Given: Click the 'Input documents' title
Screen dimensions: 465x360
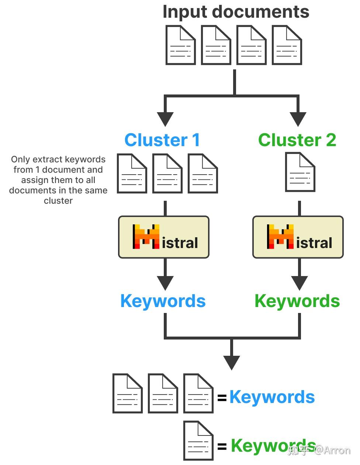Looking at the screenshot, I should click(236, 11).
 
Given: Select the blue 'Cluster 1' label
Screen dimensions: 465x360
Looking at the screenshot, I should click(162, 140).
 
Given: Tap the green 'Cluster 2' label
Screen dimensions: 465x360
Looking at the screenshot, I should click(297, 140).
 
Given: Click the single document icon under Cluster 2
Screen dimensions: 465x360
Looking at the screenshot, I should click(300, 172).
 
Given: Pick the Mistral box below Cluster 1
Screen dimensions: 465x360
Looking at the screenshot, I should click(163, 237).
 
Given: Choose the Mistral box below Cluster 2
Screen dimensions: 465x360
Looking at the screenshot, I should click(298, 237).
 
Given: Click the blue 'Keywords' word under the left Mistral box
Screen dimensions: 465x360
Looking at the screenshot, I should click(163, 301).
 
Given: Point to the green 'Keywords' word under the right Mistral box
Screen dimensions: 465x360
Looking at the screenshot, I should click(297, 301).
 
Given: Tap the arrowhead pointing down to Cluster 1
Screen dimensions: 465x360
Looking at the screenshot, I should click(165, 119).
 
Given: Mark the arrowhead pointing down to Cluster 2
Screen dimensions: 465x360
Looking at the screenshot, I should click(298, 119).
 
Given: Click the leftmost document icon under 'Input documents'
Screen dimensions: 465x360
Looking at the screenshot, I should click(180, 45).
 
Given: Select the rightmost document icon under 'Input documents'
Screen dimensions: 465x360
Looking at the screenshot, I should click(287, 45).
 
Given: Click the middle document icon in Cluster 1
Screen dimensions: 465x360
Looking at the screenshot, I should click(167, 173).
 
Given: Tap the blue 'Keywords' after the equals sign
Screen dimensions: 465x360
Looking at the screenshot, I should click(272, 397).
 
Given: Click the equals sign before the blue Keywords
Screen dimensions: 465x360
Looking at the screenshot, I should click(222, 398).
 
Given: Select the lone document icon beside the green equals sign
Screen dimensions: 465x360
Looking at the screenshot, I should click(198, 441).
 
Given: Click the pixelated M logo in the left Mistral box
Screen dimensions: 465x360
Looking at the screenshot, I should click(146, 237).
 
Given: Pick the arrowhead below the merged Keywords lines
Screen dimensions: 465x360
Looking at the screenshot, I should click(232, 362).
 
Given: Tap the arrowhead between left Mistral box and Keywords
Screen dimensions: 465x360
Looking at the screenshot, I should click(165, 283).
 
